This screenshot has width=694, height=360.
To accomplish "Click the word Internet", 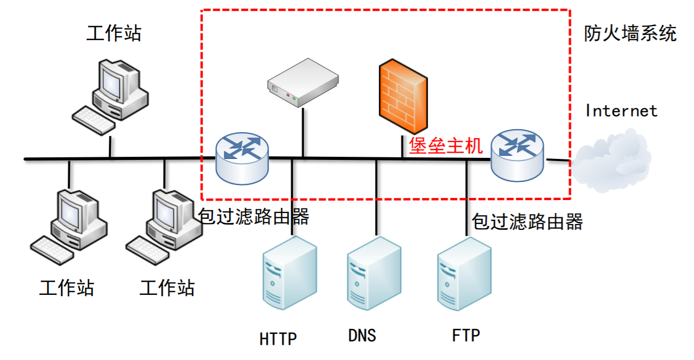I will click(621, 111).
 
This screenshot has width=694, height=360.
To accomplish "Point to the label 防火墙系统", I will click(630, 34).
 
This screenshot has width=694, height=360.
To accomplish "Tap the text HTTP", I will click(278, 339).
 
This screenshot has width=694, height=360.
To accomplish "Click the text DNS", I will click(362, 335).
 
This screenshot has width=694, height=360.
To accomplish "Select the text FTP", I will click(465, 335).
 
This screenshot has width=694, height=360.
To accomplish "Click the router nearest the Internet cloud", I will click(517, 155).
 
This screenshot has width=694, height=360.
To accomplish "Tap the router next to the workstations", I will click(242, 158).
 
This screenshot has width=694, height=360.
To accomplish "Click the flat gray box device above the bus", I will click(303, 82).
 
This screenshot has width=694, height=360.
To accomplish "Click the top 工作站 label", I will click(114, 34).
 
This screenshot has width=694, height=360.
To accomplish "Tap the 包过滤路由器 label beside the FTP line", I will click(527, 222).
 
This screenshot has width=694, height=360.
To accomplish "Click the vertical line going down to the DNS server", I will click(376, 198).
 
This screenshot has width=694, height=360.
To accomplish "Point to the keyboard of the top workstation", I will click(94, 121).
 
